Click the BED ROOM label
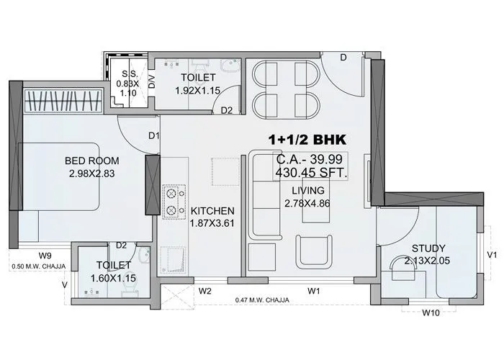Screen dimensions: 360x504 click(91, 161)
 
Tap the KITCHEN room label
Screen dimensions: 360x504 click(212, 211)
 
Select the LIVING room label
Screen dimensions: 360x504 click(308, 190)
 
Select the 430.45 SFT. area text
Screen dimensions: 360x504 click(312, 173)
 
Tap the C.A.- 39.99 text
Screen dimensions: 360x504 click(311, 160)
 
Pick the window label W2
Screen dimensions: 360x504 click(204, 292)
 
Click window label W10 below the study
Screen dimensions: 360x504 click(431, 312)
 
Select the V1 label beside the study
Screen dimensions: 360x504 click(492, 254)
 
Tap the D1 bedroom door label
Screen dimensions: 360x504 click(153, 135)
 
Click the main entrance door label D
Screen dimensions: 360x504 click(343, 58)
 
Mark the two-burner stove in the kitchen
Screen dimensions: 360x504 click(173, 203)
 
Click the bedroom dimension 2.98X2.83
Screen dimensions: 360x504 click(91, 174)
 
